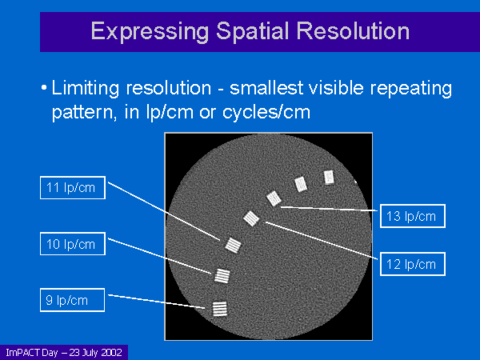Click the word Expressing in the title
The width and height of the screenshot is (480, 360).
(150, 32)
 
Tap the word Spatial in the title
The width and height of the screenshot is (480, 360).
(253, 31)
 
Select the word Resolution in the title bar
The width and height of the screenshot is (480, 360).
(353, 31)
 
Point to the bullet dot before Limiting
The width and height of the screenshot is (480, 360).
(44, 88)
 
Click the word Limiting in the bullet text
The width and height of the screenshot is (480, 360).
(86, 88)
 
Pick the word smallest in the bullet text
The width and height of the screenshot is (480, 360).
(266, 88)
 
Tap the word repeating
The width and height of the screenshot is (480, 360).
(411, 89)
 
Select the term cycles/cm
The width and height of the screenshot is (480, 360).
(266, 112)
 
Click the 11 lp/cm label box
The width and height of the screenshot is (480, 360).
(73, 188)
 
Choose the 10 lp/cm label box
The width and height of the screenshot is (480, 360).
(73, 244)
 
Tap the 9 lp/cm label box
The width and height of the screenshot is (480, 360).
(73, 300)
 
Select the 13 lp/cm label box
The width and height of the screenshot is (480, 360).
(413, 216)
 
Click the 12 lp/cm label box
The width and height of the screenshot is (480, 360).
(413, 264)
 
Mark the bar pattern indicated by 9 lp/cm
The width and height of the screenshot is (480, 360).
(220, 309)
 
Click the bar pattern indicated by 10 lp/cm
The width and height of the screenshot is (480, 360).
(222, 276)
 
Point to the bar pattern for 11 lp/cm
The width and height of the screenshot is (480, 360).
(234, 246)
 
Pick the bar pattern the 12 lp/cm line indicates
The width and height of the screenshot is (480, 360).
(251, 218)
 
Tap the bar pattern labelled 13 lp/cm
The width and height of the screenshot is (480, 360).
(274, 198)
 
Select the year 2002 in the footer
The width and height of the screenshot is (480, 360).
(112, 353)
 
